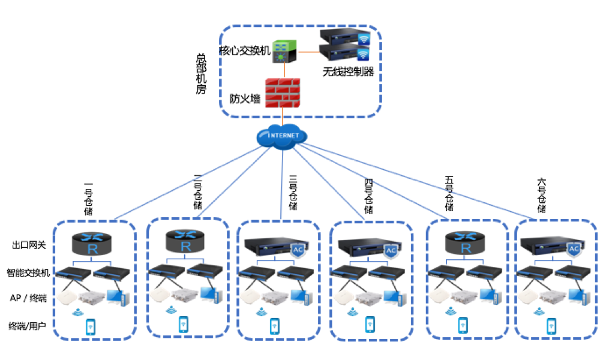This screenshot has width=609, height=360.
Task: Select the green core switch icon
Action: (x=283, y=52)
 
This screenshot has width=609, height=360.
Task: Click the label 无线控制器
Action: (x=348, y=72)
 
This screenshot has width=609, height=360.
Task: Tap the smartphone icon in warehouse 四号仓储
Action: (x=370, y=324)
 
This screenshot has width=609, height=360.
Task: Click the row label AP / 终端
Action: (x=28, y=298)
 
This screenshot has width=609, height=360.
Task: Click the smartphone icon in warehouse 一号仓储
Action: (x=91, y=326)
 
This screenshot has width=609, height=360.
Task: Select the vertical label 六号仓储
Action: (x=542, y=196)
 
